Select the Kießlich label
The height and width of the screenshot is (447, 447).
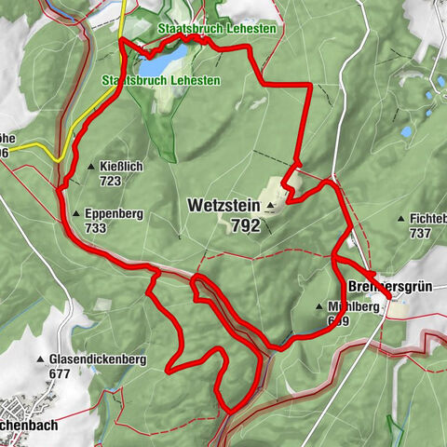pos(121,167)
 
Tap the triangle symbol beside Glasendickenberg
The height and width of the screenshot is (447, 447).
pos(41,359)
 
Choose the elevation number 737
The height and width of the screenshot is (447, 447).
pos(421,233)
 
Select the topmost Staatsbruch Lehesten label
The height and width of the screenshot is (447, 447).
pos(216,29)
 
